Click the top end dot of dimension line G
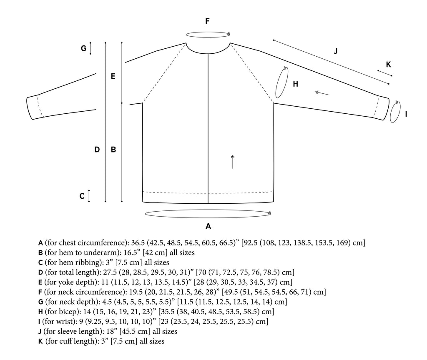(90, 43)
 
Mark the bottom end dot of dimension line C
(89, 202)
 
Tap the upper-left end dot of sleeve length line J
(274, 40)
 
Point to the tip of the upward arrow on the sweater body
(233, 155)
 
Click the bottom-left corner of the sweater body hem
(143, 202)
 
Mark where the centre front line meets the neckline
(208, 54)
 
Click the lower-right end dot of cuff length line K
(391, 76)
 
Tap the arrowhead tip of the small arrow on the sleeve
(315, 92)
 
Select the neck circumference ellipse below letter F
(208, 34)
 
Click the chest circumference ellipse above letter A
(208, 214)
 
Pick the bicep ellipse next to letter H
(281, 82)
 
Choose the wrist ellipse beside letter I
(395, 112)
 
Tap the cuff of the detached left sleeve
(35, 107)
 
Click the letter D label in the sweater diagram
(97, 150)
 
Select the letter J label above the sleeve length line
(336, 51)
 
